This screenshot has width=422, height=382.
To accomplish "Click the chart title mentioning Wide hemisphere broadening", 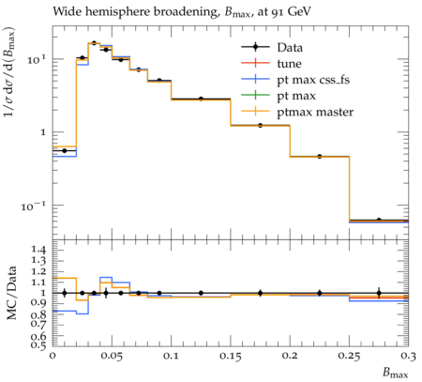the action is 182,12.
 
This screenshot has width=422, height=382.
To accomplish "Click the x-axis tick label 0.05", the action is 112,356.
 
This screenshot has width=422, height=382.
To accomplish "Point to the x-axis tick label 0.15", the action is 231,356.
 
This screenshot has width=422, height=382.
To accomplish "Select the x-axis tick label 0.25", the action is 349,356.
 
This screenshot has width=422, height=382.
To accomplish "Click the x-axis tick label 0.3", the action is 409,356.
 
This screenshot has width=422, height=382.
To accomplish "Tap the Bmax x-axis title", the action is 396,373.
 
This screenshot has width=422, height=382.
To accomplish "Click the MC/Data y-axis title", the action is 12,293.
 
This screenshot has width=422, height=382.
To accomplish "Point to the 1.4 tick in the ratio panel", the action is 38,250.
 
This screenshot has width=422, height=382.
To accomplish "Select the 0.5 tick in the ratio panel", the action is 38,344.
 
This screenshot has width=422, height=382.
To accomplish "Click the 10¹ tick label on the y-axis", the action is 37,59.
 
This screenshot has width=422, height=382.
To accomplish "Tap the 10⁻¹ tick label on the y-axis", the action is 34,206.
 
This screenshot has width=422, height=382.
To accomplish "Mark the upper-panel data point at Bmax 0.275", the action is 379,221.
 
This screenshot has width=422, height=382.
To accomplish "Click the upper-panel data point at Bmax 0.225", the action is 320,157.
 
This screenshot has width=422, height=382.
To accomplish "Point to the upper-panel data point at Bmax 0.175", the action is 260,126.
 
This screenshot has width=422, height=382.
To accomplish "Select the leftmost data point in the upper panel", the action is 65,150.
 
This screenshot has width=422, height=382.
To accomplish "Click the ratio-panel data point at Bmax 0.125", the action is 201,293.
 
